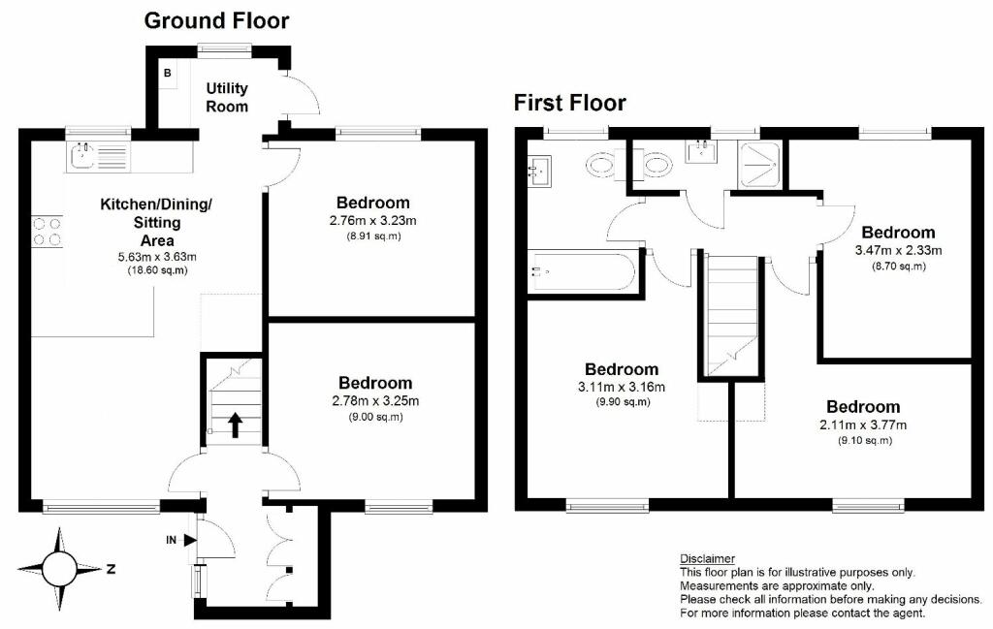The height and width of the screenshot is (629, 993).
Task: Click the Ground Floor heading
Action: coord(216,20)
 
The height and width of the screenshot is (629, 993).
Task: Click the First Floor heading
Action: coord(570,103)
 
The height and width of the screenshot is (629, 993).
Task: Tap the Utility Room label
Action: coord(227,98)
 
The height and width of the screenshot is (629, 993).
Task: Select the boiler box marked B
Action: coord(168,74)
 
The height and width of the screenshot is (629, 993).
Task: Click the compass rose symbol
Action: coord(59,567)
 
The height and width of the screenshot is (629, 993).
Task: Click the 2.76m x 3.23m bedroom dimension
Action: coord(373,220)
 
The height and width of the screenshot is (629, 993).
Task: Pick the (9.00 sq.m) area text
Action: coord(375,417)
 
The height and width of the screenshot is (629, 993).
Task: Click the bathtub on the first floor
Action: coord(582,272)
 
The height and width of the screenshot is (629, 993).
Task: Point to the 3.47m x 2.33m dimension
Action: coord(898,250)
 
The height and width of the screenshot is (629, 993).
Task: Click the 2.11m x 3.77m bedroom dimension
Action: coord(863,425)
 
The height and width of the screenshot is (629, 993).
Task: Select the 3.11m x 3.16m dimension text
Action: coord(622,388)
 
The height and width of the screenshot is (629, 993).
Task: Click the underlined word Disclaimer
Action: coord(707,559)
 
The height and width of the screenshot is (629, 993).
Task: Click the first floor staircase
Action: coord(732,315)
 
